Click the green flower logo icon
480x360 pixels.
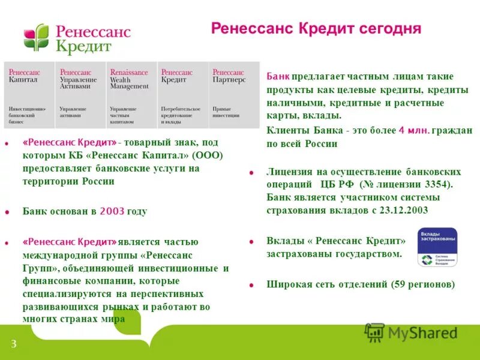pyautogui.click(x=37, y=37)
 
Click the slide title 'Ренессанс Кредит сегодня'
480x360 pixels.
pyautogui.click(x=316, y=29)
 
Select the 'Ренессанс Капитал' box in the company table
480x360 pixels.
pyautogui.click(x=29, y=94)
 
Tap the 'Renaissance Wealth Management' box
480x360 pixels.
pyautogui.click(x=131, y=94)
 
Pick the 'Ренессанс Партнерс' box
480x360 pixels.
pyautogui.click(x=234, y=94)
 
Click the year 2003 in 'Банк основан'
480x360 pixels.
pyautogui.click(x=111, y=211)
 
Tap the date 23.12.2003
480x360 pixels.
pyautogui.click(x=402, y=210)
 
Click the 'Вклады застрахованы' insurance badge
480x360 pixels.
pyautogui.click(x=437, y=247)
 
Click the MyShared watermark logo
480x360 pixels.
pyautogui.click(x=411, y=332)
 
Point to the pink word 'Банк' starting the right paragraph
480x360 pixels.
pyautogui.click(x=278, y=76)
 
